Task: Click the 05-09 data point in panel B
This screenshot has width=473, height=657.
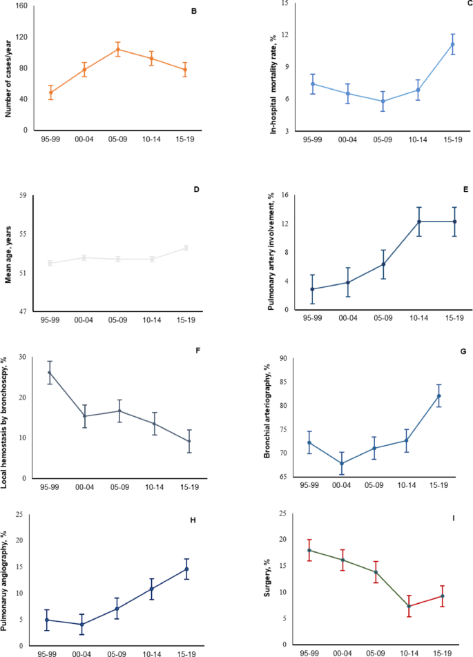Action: tap(117, 49)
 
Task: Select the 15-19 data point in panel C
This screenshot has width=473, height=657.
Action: tap(453, 44)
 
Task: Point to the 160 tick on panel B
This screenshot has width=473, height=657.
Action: tap(21, 6)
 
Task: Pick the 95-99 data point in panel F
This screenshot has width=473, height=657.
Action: tap(50, 373)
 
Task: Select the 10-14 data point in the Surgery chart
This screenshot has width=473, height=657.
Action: tap(409, 606)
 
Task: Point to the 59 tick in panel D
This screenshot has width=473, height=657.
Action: tap(22, 195)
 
